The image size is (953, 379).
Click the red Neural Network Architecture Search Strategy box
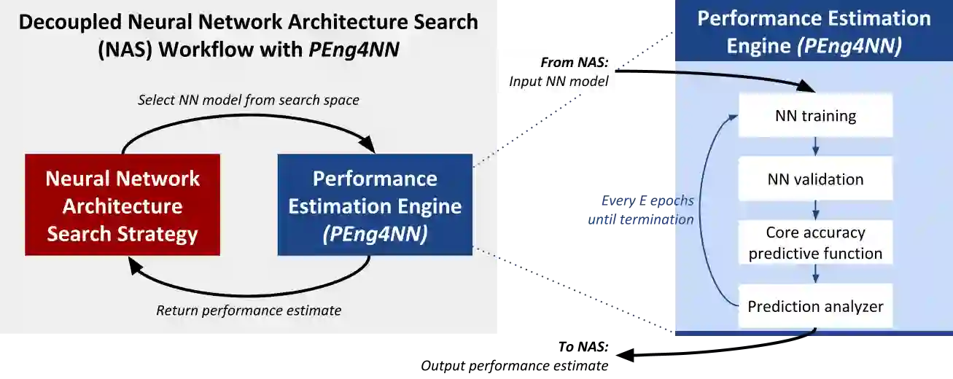click(x=122, y=206)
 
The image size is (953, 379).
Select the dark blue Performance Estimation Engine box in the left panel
click(x=375, y=206)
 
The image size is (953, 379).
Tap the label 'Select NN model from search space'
click(x=249, y=100)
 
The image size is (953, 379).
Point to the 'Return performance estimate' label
click(x=249, y=310)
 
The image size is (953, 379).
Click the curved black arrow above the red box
click(x=248, y=123)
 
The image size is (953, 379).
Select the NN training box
click(x=815, y=115)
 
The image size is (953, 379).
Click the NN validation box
click(x=815, y=179)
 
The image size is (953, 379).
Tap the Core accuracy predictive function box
click(x=815, y=243)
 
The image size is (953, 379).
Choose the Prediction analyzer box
click(x=815, y=306)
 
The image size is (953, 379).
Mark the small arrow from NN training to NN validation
click(x=815, y=147)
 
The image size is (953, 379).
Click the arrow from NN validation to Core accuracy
click(x=815, y=211)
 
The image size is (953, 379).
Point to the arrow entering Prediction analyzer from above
click(x=815, y=274)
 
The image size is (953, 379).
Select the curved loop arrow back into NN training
click(x=704, y=211)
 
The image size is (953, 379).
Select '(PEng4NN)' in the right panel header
click(x=849, y=46)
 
